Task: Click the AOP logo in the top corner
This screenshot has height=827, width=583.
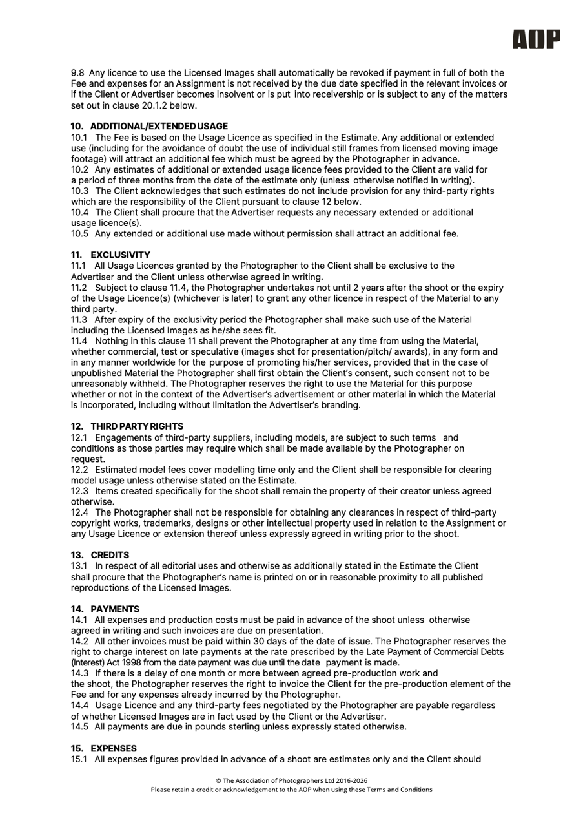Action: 535,39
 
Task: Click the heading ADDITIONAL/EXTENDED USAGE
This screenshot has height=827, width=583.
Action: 149,126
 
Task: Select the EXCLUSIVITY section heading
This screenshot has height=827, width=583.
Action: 110,255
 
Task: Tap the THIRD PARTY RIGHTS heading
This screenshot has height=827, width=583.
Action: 127,426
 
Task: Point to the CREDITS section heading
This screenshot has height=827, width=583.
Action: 100,555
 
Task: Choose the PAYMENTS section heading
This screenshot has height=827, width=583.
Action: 105,609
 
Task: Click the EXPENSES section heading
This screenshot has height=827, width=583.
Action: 104,748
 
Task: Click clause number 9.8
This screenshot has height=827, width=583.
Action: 77,73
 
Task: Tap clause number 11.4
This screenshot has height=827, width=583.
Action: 79,340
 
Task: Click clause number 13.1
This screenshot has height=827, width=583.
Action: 79,566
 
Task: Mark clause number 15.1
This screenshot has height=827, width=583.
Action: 79,759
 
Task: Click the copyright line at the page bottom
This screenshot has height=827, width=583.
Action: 291,780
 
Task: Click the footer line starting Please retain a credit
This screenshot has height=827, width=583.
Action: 291,790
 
